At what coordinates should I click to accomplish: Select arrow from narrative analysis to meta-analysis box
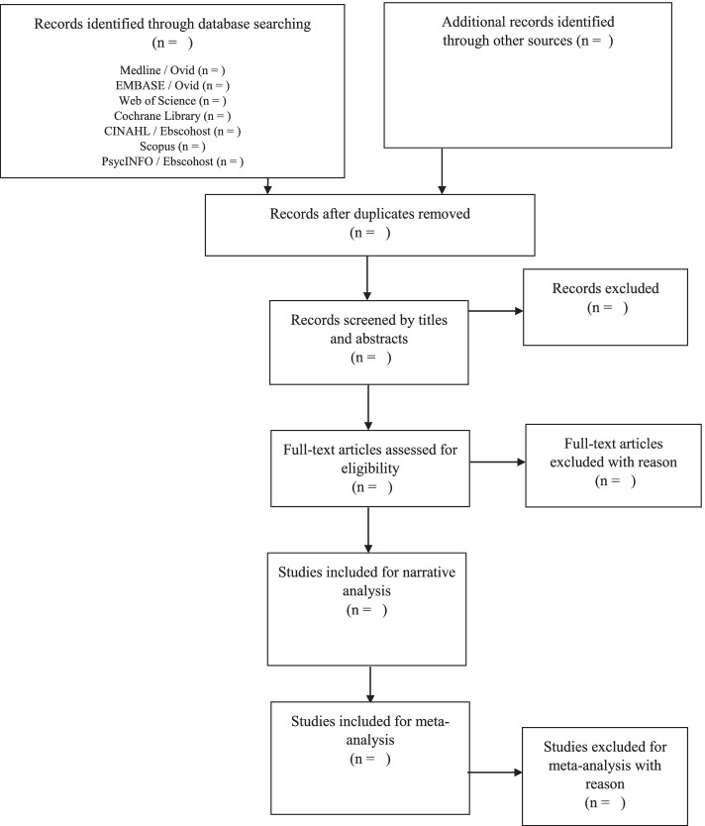click(x=368, y=681)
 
